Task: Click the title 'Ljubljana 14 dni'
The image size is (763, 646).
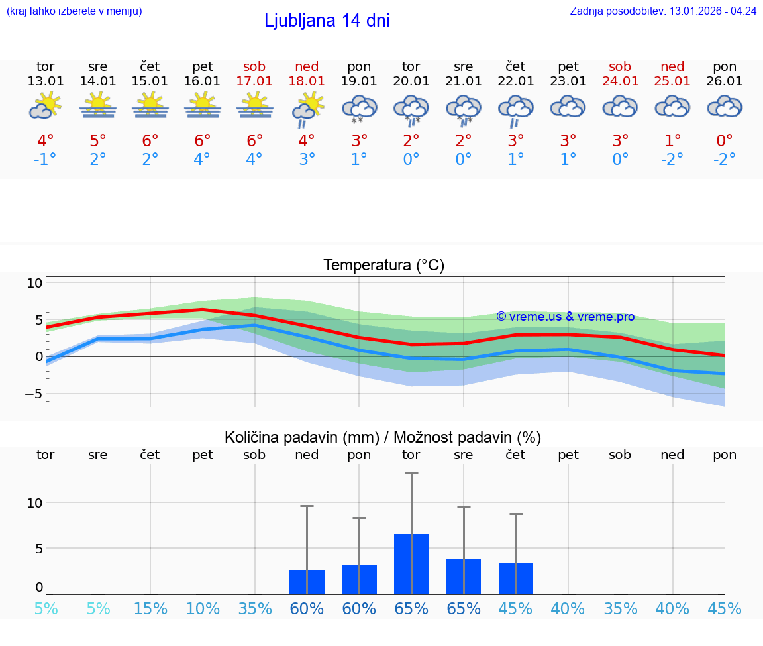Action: click(327, 21)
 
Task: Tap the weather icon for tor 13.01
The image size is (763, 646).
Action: click(45, 106)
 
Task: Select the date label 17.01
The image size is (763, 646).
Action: click(254, 81)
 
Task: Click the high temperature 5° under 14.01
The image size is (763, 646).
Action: click(98, 141)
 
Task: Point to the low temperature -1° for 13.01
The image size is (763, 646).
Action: click(45, 160)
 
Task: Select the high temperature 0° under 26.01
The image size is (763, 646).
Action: click(725, 141)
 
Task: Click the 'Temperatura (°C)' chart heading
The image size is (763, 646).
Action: click(383, 266)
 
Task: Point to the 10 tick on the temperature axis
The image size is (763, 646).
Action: click(34, 283)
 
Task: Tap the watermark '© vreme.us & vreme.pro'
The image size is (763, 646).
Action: click(566, 317)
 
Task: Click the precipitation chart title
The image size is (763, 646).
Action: click(383, 437)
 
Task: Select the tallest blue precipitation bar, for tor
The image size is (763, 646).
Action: click(411, 564)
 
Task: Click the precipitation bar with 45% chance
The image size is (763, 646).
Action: click(516, 578)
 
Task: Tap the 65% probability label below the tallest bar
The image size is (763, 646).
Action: click(411, 608)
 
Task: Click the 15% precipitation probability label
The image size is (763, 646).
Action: click(150, 608)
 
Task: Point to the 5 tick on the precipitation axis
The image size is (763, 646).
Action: click(38, 549)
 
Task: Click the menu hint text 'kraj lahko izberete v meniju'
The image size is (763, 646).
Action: click(74, 11)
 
